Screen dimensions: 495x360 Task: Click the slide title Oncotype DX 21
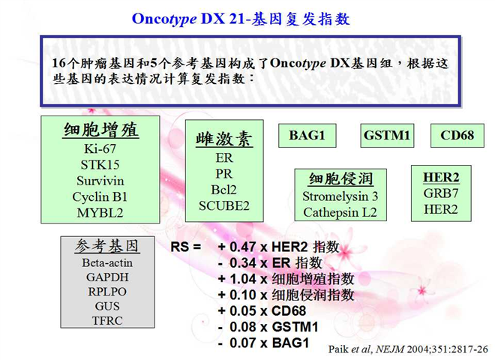coord(188,19)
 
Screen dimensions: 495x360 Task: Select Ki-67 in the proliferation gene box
coord(100,148)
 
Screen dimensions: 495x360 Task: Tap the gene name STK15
coord(100,165)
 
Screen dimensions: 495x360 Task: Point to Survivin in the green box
coord(100,181)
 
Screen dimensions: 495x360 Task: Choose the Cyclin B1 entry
coord(100,197)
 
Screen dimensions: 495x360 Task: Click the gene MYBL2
coord(100,213)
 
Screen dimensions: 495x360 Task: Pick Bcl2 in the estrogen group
coord(223,190)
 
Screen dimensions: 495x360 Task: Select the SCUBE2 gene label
coord(223,206)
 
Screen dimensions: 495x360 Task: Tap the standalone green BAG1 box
coord(307,136)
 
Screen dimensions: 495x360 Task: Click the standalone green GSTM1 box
coord(387,136)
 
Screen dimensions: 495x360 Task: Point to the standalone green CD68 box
coord(457,136)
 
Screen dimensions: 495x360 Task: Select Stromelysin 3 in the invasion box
coord(340,196)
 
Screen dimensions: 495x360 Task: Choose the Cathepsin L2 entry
coord(340,212)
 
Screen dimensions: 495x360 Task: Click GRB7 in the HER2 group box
coord(441,193)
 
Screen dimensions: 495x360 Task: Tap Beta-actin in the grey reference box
coord(107,262)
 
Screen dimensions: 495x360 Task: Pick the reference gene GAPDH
coord(107,277)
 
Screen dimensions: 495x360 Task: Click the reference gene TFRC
coord(107,321)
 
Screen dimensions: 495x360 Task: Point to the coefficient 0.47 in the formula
coord(243,247)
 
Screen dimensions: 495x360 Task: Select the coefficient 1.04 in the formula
coord(243,279)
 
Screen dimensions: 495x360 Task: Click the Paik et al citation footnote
coord(408,349)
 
